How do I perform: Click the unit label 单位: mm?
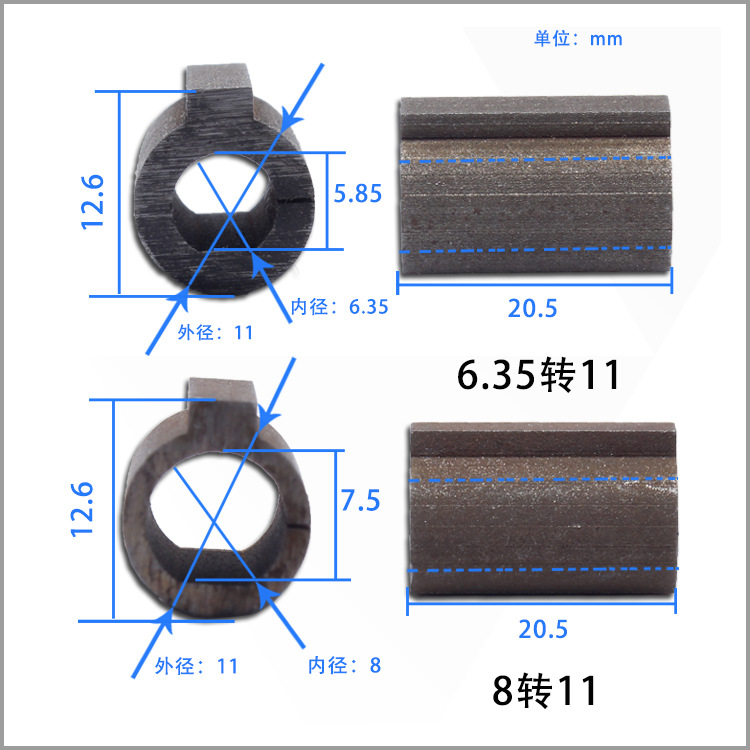click(578, 39)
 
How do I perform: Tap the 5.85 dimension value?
click(358, 194)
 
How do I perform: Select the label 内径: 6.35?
click(339, 307)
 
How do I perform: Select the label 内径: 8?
click(344, 664)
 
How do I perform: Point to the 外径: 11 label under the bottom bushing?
click(196, 665)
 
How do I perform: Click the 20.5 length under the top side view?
click(532, 309)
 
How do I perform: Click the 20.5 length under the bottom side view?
click(543, 629)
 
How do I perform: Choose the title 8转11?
click(545, 691)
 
